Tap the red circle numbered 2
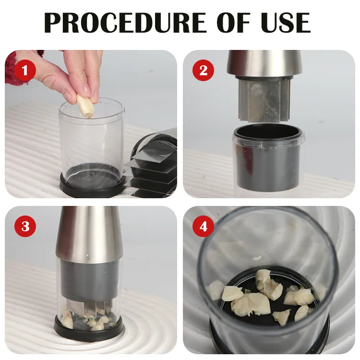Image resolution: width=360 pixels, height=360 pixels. (203, 71)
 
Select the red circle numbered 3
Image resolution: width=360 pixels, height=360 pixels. (25, 227)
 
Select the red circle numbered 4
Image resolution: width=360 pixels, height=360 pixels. (203, 227)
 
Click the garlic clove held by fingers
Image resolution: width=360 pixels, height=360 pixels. (85, 106)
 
